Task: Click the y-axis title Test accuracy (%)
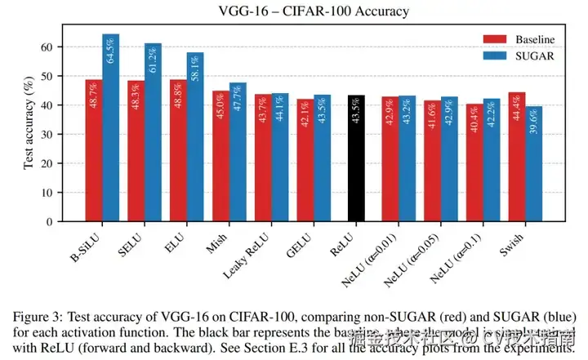pos(29,123)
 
